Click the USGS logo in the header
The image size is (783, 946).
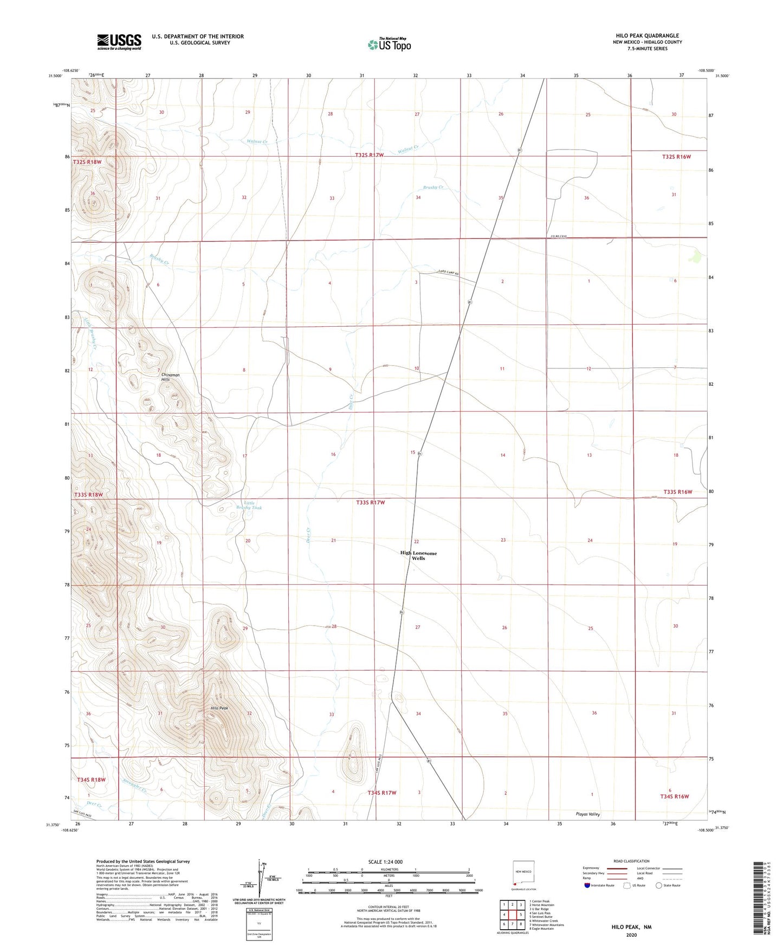[x=119, y=41]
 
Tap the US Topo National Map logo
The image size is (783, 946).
[x=389, y=44]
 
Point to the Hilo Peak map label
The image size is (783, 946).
[x=219, y=708]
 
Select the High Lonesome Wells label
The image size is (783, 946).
[x=418, y=555]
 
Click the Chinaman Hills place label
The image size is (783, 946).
[x=170, y=377]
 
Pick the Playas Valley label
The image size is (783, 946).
[x=587, y=814]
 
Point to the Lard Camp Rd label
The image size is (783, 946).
[x=448, y=274]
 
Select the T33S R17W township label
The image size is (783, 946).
[x=371, y=502]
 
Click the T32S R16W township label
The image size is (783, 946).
[x=676, y=157]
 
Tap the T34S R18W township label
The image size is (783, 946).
[x=91, y=780]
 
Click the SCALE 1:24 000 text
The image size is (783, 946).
[x=385, y=861]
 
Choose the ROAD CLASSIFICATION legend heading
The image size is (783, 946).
[x=631, y=861]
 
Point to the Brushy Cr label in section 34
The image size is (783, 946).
[x=433, y=187]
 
